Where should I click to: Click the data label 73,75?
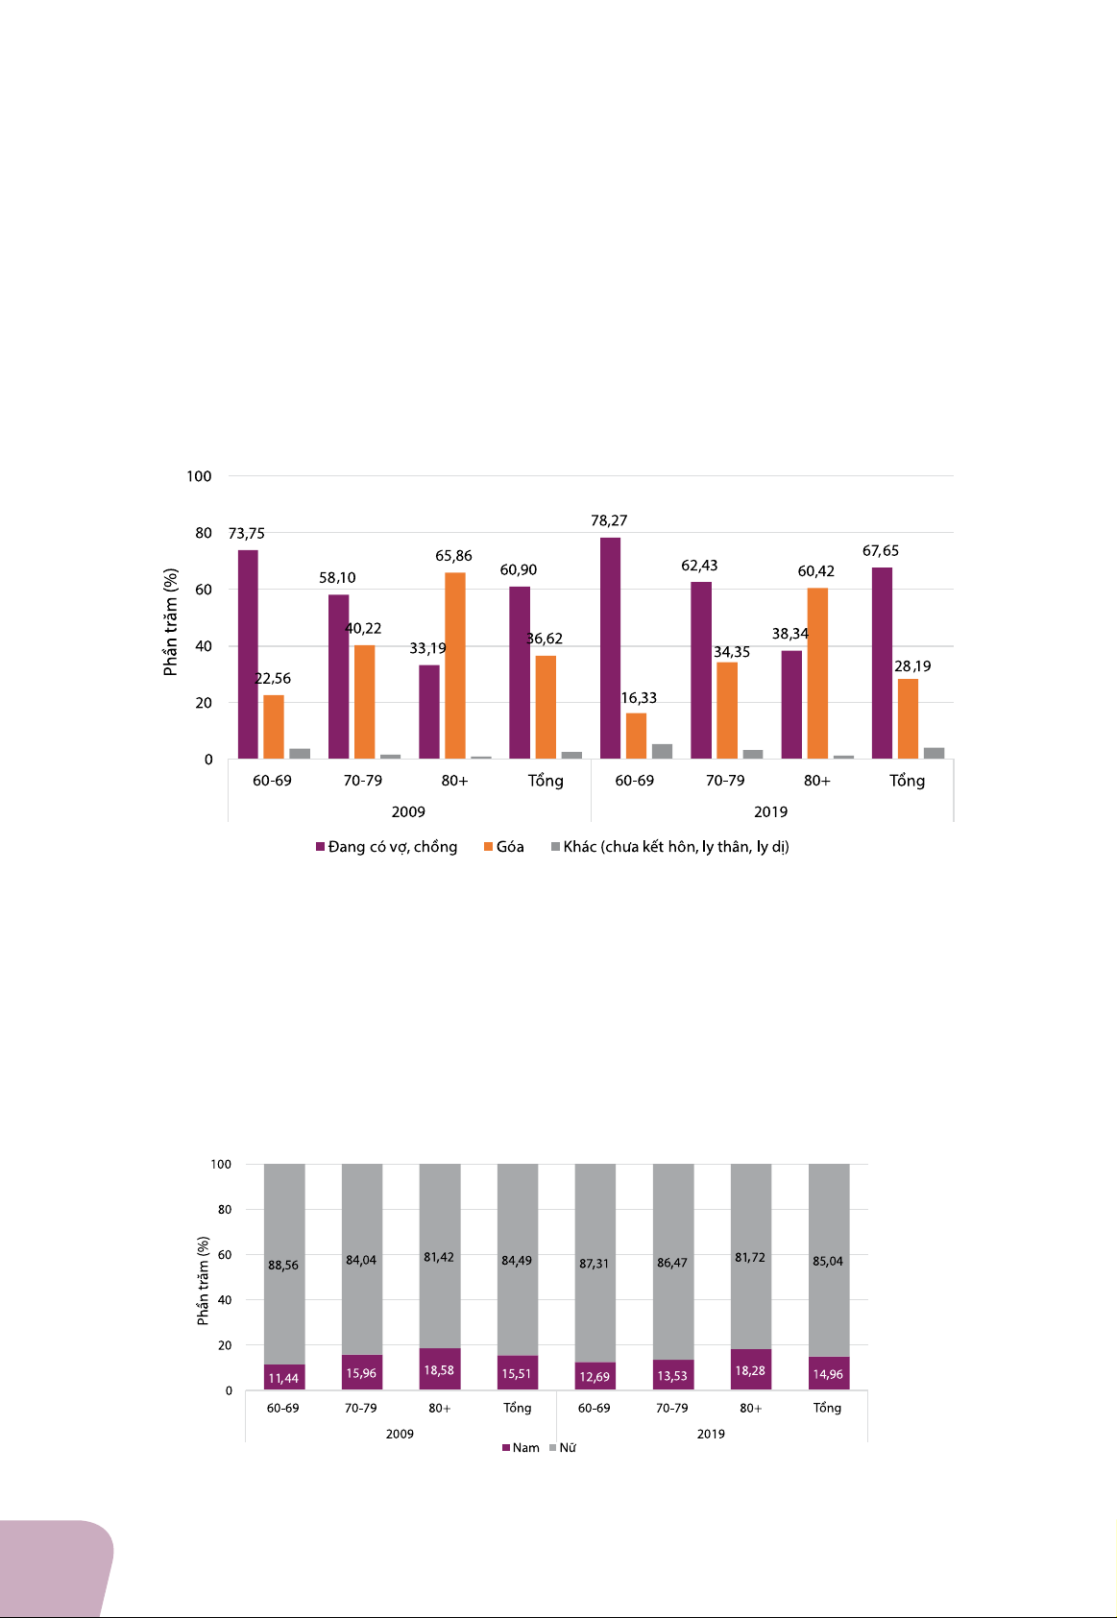coord(246,534)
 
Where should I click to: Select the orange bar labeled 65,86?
coord(455,665)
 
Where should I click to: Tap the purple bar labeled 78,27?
coord(610,648)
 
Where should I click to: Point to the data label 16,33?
coord(639,698)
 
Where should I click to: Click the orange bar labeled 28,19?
coord(908,719)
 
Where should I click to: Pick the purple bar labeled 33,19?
coord(428,712)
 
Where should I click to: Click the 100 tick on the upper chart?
coord(199,476)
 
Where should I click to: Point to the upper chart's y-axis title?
coord(171,622)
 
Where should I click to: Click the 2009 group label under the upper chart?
coord(408,812)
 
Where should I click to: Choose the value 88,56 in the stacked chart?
coord(283,1266)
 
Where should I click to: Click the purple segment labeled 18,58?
coord(439,1369)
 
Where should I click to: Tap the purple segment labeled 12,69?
coord(595,1376)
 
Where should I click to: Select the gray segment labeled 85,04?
coord(828,1261)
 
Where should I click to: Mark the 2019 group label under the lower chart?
coord(711,1434)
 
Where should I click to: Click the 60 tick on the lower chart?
coord(225,1255)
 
